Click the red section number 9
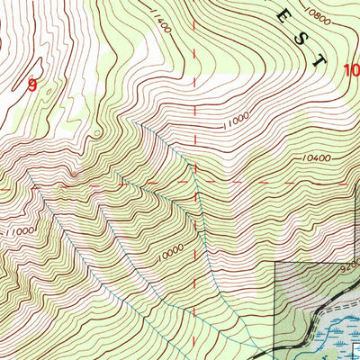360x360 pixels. click(33, 85)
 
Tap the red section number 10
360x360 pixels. click(351, 68)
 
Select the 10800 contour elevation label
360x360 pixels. click(317, 15)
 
